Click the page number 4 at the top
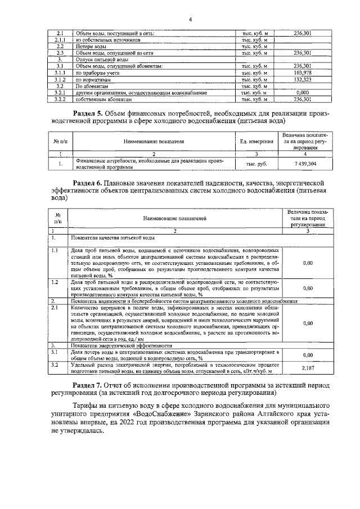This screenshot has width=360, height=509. pos(190,21)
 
